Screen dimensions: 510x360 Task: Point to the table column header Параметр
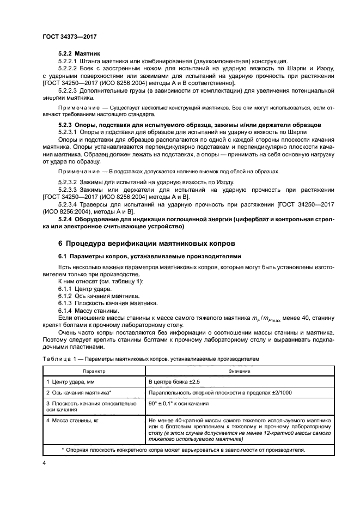93,371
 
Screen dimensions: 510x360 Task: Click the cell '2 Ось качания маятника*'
80,392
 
